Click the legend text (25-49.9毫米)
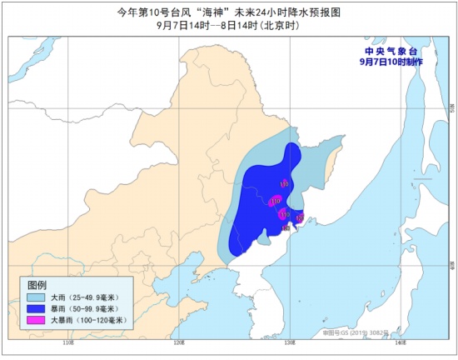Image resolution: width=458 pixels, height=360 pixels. pyautogui.click(x=97, y=297)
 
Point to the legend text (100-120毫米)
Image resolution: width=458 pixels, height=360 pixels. pyautogui.click(x=101, y=320)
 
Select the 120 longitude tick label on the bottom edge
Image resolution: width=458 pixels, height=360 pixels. pyautogui.click(x=178, y=342)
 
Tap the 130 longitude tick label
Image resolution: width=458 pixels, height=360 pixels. pyautogui.click(x=289, y=342)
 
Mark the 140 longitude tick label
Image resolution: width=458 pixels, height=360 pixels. pyautogui.click(x=399, y=342)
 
